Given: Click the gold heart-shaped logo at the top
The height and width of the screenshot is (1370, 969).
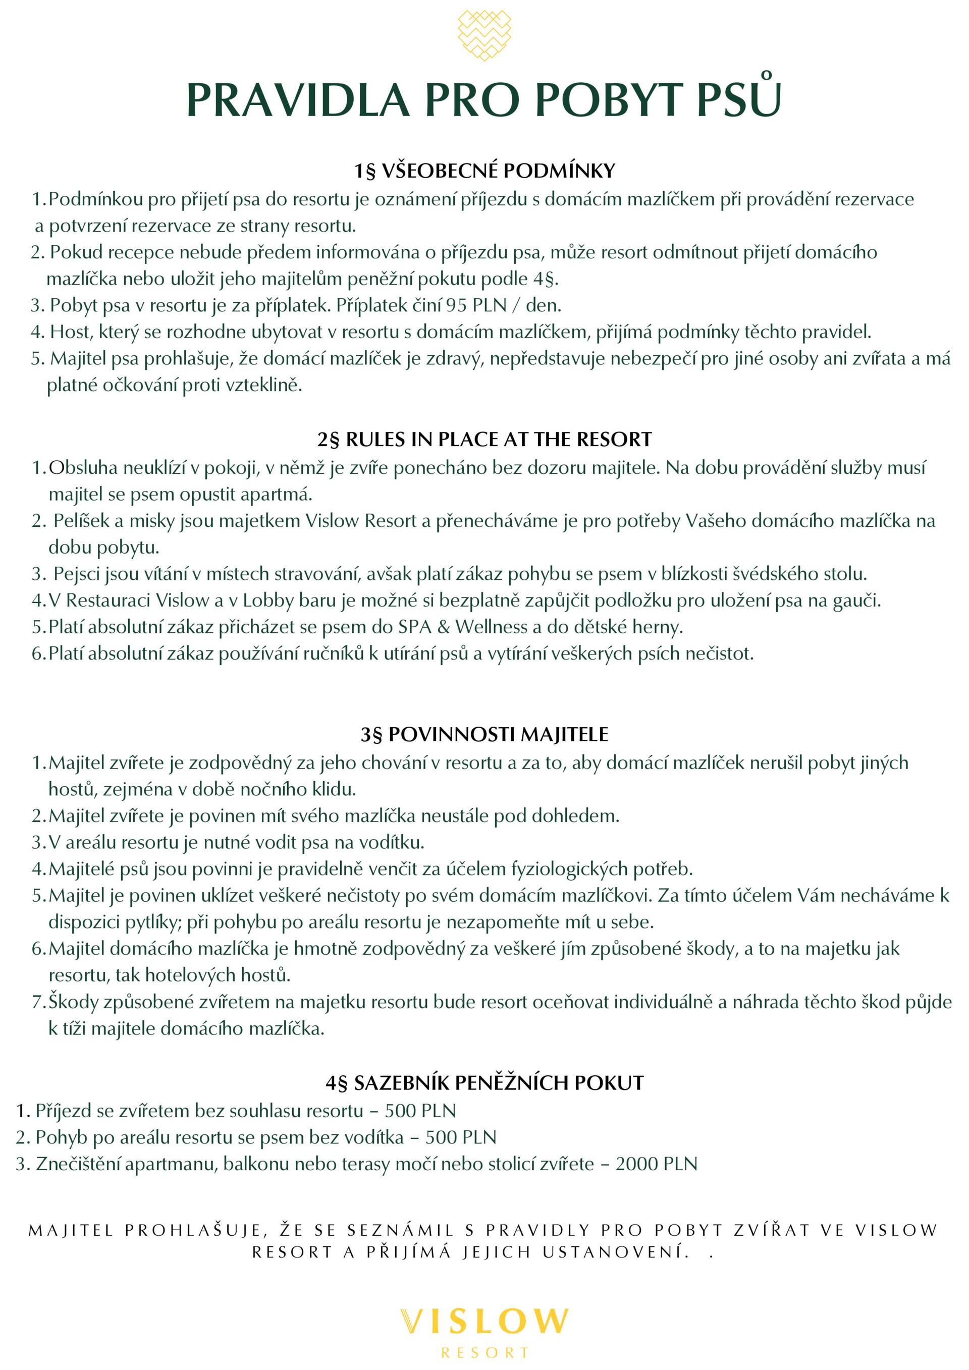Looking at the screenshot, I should pos(484,35).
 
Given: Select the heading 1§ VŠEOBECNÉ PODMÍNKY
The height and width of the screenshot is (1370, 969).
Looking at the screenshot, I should pos(484,171).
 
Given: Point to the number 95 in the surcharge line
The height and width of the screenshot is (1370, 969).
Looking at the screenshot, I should pos(456,305).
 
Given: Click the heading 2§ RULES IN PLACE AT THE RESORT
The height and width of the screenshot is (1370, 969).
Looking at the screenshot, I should pos(484,440).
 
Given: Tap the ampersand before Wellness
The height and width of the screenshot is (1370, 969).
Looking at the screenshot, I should pos(443,627).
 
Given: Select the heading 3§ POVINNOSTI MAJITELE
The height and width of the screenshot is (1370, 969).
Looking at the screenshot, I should pos(484,735).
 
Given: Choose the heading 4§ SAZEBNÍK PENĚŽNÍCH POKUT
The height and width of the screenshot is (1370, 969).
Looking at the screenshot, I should pos(484,1083).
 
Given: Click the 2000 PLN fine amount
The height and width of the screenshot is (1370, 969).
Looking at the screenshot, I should pos(656,1164).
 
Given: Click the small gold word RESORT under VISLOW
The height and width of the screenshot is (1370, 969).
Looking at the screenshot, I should pos(484,1353).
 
